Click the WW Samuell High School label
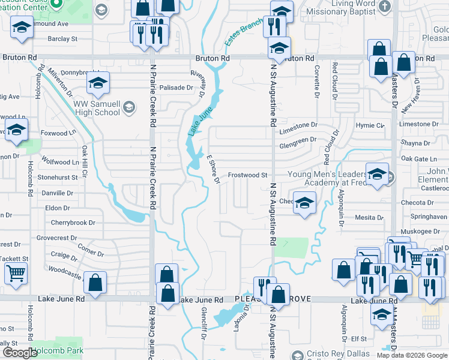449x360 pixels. [97, 108]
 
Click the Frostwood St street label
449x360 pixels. [247, 175]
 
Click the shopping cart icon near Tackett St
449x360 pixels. [16, 274]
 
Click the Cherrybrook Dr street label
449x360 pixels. [73, 223]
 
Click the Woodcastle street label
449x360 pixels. [65, 273]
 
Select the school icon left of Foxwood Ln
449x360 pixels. [16, 130]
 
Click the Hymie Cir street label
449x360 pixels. [370, 125]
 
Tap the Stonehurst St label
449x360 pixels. [58, 178]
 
